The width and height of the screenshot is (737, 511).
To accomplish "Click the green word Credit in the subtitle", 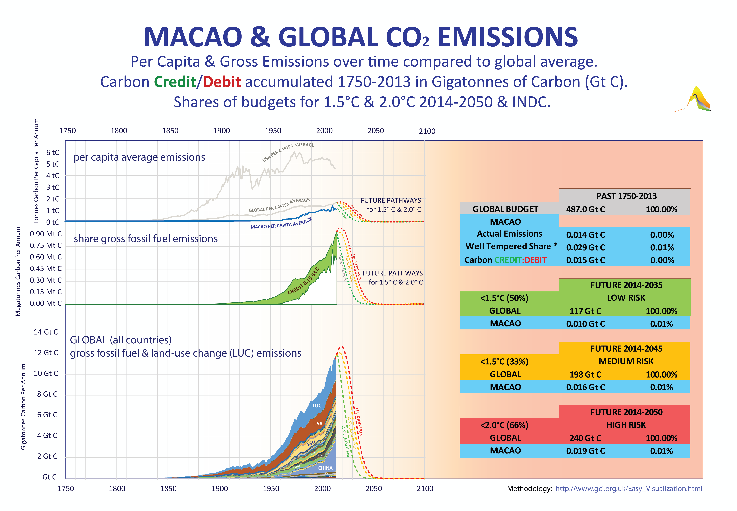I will [x=175, y=82].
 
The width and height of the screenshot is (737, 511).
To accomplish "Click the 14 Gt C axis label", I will [x=46, y=332].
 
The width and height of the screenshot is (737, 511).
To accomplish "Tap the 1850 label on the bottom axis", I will [x=168, y=489].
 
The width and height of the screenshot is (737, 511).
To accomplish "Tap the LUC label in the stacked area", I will [x=317, y=406].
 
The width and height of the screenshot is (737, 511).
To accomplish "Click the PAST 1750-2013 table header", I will [x=626, y=196].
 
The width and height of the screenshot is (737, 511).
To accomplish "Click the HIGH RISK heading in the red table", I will [x=626, y=425].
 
